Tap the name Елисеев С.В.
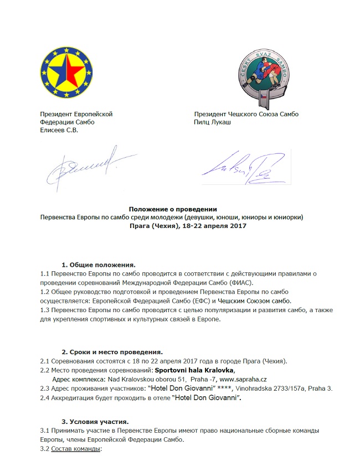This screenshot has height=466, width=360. (x=59, y=130)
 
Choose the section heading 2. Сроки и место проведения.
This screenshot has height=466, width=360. (x=112, y=352)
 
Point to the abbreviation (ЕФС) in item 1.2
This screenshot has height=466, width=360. (x=196, y=300)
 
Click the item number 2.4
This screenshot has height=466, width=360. (x=46, y=397)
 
